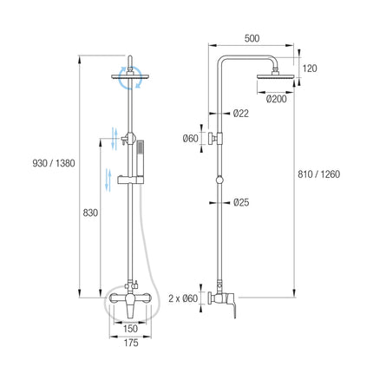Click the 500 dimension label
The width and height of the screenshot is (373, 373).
pos(252,38)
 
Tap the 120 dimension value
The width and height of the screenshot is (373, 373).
pos(310,69)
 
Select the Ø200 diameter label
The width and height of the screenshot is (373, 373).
pos(276,99)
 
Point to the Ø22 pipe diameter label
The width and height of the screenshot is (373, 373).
pos(240,114)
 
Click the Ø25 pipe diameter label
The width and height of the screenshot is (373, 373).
pos(241,202)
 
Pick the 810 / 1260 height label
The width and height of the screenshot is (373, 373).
pos(319,174)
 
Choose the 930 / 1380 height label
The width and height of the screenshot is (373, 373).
pos(54,163)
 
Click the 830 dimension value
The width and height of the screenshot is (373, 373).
pos(90,213)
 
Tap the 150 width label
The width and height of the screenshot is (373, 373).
pos(130,329)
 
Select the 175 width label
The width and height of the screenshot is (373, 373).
pos(131,343)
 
